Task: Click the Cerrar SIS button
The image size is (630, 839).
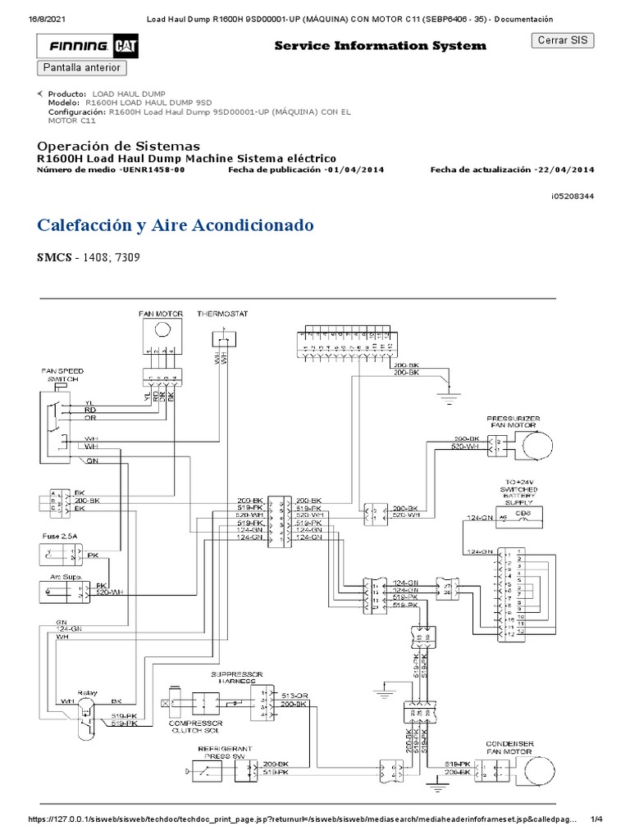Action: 563,41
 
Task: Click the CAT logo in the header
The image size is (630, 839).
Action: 126,48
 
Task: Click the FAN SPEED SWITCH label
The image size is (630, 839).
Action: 62,375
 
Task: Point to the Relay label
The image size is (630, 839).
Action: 86,670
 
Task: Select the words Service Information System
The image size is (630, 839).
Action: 380,46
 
